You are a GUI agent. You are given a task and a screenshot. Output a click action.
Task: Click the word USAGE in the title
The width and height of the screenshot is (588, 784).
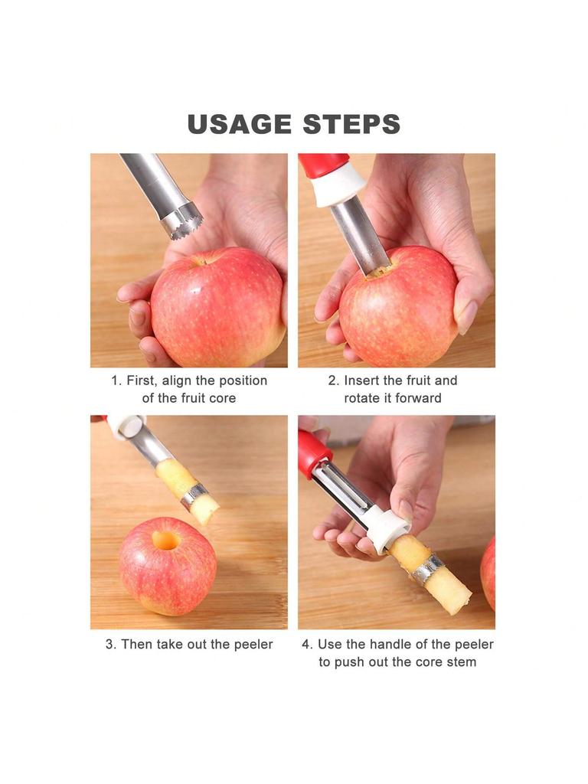pos(239,125)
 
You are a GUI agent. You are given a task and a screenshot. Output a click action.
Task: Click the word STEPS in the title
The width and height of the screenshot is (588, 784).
pos(351,125)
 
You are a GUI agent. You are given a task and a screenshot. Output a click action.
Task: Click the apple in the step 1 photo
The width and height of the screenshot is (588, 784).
pos(218,308)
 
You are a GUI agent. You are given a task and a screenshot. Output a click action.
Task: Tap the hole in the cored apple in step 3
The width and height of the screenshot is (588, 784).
pos(165,541)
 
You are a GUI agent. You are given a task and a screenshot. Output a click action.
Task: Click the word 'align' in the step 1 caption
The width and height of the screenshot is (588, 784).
pos(177,381)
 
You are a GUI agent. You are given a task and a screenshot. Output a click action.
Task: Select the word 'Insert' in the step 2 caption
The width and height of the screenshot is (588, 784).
pos(361,381)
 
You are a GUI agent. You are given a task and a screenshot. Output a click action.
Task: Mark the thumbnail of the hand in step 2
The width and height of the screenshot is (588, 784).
pos(468,316)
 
